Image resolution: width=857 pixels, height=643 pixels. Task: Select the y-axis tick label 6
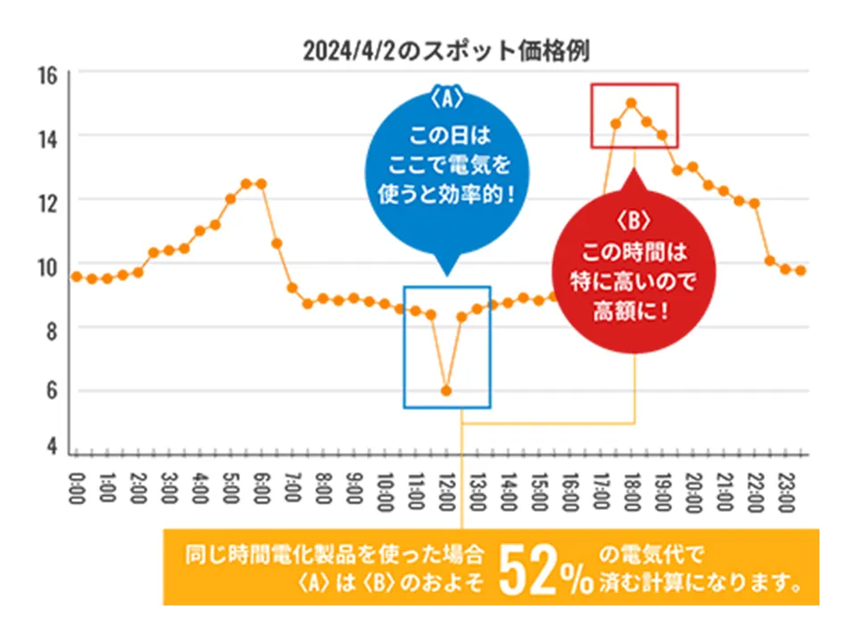click(52, 390)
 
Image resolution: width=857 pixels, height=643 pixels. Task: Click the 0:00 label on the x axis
click(76, 489)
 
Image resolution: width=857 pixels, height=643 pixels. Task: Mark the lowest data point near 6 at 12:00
click(446, 390)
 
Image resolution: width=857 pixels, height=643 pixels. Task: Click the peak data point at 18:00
click(631, 103)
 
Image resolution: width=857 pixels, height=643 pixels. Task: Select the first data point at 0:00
click(77, 277)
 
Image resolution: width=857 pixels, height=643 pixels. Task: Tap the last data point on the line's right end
click(801, 271)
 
